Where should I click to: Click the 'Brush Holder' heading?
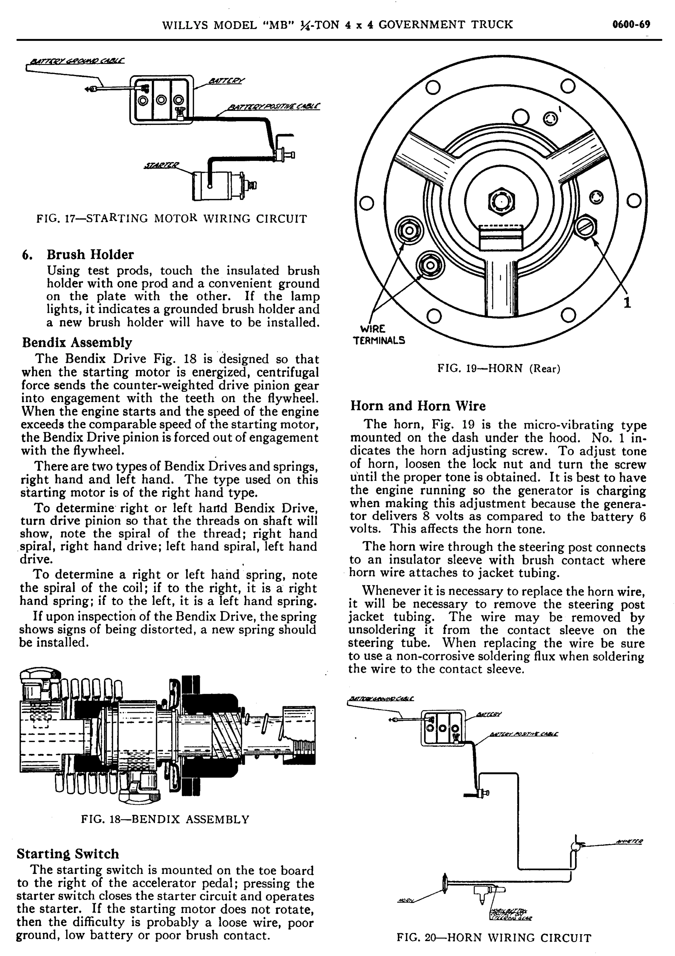click(x=90, y=254)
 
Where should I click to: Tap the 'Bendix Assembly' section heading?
click(x=77, y=342)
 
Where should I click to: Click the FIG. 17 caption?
click(x=172, y=219)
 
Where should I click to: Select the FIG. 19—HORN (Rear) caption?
click(x=498, y=368)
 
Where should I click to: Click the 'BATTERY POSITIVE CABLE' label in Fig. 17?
click(x=273, y=107)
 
